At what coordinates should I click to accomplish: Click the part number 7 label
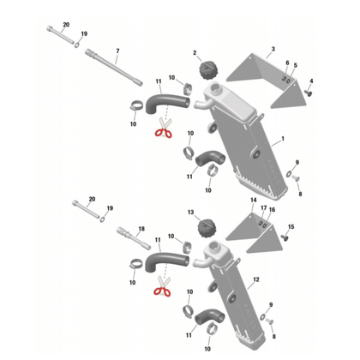coord(117,51)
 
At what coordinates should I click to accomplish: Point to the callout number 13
coord(190,212)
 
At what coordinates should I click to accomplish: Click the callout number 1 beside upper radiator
coord(282,139)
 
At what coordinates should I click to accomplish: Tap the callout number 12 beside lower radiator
coord(256,280)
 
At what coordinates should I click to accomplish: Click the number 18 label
coord(141,230)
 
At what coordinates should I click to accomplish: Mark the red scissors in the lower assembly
coord(162,289)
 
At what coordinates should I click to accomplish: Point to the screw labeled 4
coord(309,90)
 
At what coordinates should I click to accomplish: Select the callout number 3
coord(273,49)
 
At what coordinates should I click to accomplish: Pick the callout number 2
coord(195,53)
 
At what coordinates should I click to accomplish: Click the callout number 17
coord(263,208)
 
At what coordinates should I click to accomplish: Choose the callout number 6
coord(286,63)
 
